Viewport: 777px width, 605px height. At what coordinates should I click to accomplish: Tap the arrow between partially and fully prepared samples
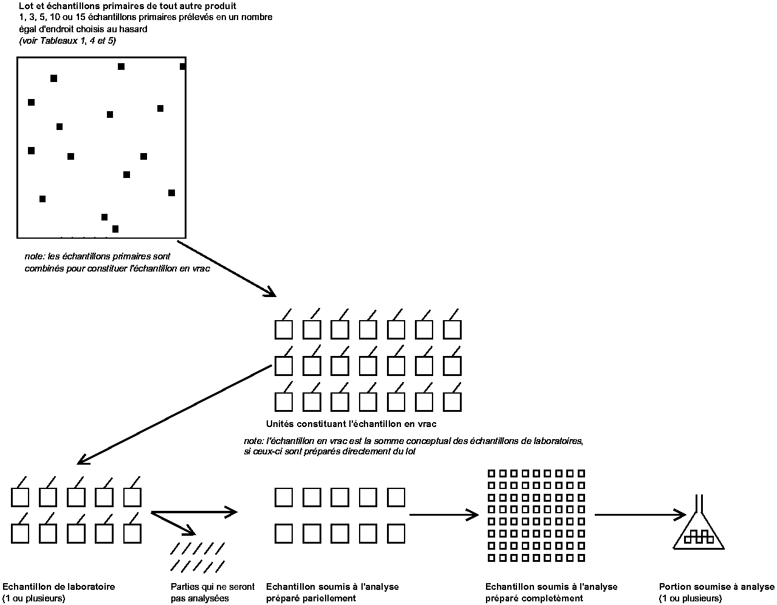(443, 515)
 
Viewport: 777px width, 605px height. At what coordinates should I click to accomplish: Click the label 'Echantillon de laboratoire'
(59, 587)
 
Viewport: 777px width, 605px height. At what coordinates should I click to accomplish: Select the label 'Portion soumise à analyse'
(716, 587)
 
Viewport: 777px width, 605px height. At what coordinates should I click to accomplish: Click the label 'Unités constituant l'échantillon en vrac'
(351, 424)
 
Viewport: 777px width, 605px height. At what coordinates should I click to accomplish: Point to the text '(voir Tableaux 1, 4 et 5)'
(67, 41)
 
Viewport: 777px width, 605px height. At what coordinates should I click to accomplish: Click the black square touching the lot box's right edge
(182, 66)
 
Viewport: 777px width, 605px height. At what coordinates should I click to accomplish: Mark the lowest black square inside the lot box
(115, 229)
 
